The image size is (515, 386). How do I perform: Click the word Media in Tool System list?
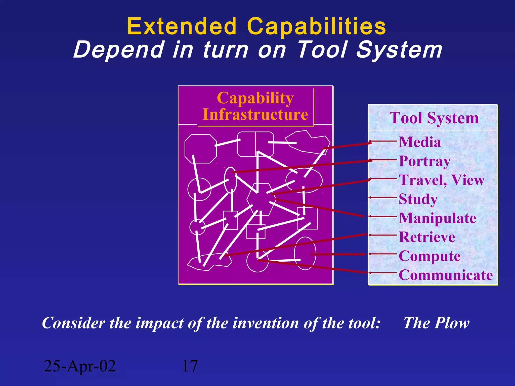click(x=420, y=142)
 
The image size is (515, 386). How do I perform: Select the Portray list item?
click(x=424, y=161)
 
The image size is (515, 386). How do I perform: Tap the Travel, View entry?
click(x=442, y=180)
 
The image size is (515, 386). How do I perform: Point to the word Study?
click(x=418, y=199)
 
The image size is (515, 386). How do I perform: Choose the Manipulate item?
click(x=438, y=218)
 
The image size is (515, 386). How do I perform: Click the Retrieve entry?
click(x=427, y=237)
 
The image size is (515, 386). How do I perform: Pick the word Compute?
click(x=430, y=256)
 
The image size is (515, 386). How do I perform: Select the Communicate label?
click(x=446, y=275)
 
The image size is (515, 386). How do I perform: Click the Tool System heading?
click(x=434, y=118)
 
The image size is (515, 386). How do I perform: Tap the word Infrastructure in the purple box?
click(x=255, y=114)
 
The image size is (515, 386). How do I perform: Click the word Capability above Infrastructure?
click(x=255, y=98)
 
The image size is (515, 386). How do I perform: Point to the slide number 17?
click(x=190, y=366)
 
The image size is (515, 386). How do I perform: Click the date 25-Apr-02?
click(x=80, y=366)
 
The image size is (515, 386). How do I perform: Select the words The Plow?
click(x=436, y=323)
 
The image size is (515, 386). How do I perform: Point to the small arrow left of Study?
click(x=382, y=198)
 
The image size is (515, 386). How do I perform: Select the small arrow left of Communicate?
click(x=382, y=273)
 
